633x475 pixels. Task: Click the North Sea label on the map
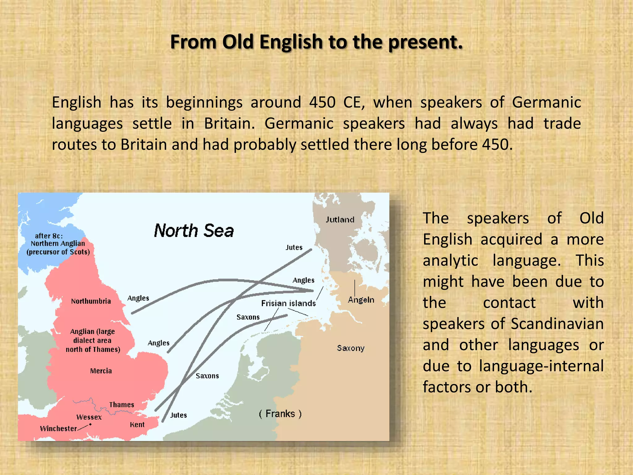point(194,231)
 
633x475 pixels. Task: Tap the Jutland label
point(340,220)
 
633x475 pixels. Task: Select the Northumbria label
point(91,301)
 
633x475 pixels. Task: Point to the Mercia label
point(101,371)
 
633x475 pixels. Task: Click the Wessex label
point(89,417)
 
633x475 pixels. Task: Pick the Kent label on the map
point(137,425)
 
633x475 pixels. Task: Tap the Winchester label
point(58,429)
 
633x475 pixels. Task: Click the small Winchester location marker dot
point(90,424)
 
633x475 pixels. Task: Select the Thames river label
point(121,405)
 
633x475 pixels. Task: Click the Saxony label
point(350,348)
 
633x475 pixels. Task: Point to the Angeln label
point(361,300)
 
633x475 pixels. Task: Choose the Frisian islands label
point(288,303)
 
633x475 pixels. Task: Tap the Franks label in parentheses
point(280,414)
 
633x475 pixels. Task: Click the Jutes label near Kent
point(179,415)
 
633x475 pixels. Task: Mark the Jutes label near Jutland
point(294,247)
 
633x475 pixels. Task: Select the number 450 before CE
point(322,102)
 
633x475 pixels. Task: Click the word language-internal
point(541,366)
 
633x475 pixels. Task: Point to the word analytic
point(450,260)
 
